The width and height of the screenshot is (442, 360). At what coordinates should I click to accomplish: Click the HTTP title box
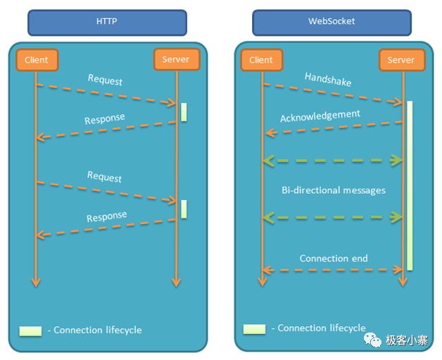(106, 22)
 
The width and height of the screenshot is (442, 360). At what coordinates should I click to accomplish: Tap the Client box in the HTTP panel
(36, 60)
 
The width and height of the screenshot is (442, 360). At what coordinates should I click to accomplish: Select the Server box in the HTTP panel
(175, 59)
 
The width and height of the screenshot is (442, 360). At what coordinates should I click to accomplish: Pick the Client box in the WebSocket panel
(261, 60)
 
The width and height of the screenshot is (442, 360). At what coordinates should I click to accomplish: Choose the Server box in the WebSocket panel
(401, 60)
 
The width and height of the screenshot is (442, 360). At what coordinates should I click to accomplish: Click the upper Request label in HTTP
(105, 80)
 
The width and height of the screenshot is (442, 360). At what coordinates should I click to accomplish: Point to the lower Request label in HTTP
(105, 177)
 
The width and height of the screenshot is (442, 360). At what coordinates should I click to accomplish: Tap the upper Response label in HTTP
(105, 119)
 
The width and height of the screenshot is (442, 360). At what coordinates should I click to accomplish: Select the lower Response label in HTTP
(106, 216)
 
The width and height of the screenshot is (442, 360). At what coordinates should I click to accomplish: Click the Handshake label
(328, 79)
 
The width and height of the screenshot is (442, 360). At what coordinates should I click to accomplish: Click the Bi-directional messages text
(333, 190)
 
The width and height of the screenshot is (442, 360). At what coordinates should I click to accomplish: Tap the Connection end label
(334, 259)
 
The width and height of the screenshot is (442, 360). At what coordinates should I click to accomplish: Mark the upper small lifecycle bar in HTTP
(184, 112)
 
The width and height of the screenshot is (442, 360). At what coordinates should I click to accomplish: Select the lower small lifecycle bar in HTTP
(184, 209)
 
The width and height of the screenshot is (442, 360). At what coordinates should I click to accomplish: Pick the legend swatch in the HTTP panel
(30, 330)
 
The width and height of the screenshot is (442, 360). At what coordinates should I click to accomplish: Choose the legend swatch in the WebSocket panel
(254, 329)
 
